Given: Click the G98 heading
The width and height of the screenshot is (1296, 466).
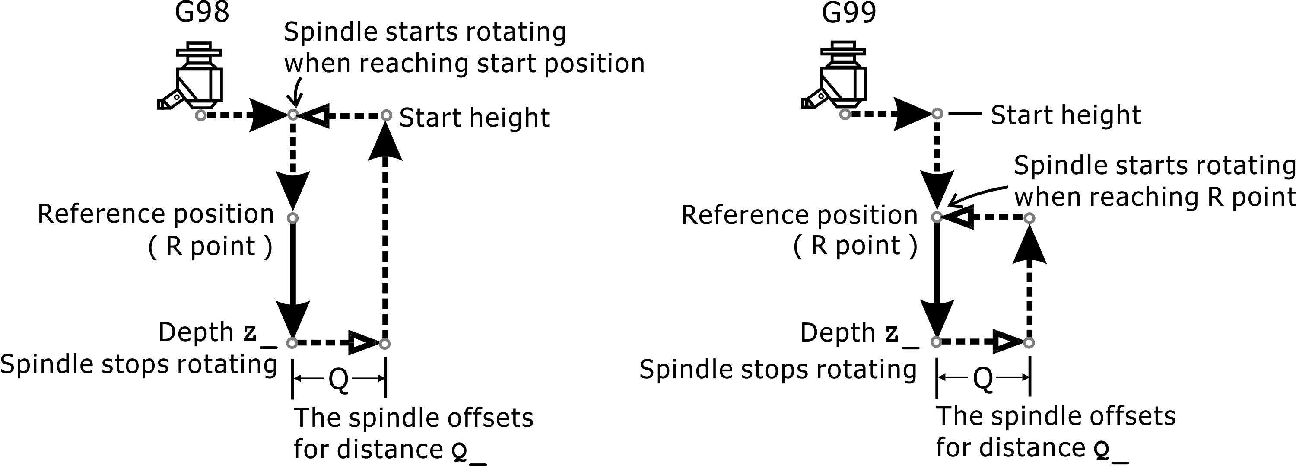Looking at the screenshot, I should (202, 13).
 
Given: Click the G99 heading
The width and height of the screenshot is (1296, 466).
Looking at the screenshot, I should (849, 13).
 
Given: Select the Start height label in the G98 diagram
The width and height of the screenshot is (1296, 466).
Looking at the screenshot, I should (474, 118).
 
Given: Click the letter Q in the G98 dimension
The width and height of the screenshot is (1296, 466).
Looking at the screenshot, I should (339, 380).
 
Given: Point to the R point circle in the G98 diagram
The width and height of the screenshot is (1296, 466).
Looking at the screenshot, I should (292, 218).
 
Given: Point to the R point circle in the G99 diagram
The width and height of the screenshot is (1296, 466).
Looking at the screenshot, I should (936, 217).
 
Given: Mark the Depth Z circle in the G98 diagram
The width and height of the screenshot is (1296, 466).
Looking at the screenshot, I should (292, 343).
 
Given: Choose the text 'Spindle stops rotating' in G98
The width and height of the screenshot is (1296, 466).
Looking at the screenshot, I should (138, 364).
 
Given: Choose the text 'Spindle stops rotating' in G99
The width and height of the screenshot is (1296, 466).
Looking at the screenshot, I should (778, 369).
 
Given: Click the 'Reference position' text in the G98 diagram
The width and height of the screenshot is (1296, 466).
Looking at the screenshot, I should (156, 214).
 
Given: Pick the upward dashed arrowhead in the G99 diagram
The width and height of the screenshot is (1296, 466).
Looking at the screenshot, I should (1029, 246).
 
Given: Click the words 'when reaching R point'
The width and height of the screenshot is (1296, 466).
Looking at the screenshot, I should (1154, 197).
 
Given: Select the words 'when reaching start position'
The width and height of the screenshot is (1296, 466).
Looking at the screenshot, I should (464, 64).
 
